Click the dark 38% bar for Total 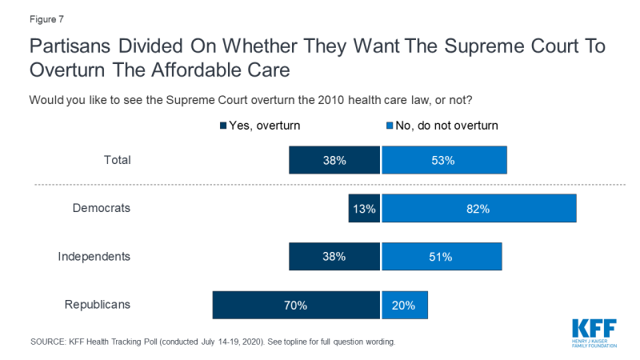pos(334,160)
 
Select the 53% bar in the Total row pos(444,160)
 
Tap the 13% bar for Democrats pos(364,209)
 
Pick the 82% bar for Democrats pos(478,209)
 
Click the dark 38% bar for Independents pos(334,257)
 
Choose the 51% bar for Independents pos(442,257)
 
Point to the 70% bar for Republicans pos(296,305)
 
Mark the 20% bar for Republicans pos(405,305)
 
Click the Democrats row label pos(102,208)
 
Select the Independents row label pos(94,257)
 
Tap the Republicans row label pos(96,305)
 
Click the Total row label pos(117,160)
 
